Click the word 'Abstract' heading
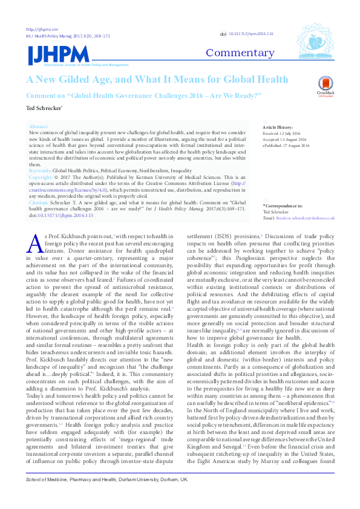pyautogui.click(x=38, y=126)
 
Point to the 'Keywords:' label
pyautogui.click(x=40, y=171)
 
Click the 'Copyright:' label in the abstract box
pyautogui.click(x=41, y=177)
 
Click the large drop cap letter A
pyautogui.click(x=35, y=243)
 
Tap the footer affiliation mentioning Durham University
pyautogui.click(x=106, y=496)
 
